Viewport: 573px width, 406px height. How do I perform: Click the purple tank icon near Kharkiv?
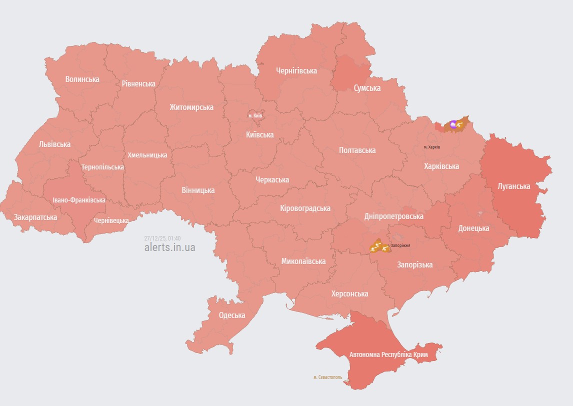(x=453, y=124)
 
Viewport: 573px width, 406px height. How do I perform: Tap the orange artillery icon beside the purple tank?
(x=459, y=124)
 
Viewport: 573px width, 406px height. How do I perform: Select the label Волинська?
(x=82, y=79)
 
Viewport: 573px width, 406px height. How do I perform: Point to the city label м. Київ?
(x=255, y=115)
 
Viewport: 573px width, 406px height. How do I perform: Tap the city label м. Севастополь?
(x=327, y=377)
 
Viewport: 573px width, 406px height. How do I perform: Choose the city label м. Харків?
(x=431, y=147)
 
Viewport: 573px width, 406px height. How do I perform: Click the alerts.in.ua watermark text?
(x=169, y=247)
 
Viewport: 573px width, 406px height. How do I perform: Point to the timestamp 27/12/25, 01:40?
(x=162, y=238)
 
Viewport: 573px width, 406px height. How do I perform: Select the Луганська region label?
(x=513, y=186)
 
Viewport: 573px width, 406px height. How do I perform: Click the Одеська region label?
(x=232, y=315)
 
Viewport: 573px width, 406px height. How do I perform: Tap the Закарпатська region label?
(x=35, y=217)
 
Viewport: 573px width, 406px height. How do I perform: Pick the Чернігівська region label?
(x=296, y=70)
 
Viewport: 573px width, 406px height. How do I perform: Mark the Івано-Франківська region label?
(x=79, y=200)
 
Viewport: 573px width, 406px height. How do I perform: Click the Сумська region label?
(x=367, y=88)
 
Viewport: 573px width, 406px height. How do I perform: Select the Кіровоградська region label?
(x=305, y=208)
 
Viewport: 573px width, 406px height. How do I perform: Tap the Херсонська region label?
(x=349, y=293)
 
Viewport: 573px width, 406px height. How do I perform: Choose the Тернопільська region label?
(x=102, y=166)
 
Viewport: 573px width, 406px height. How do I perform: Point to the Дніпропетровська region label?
(x=393, y=216)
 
